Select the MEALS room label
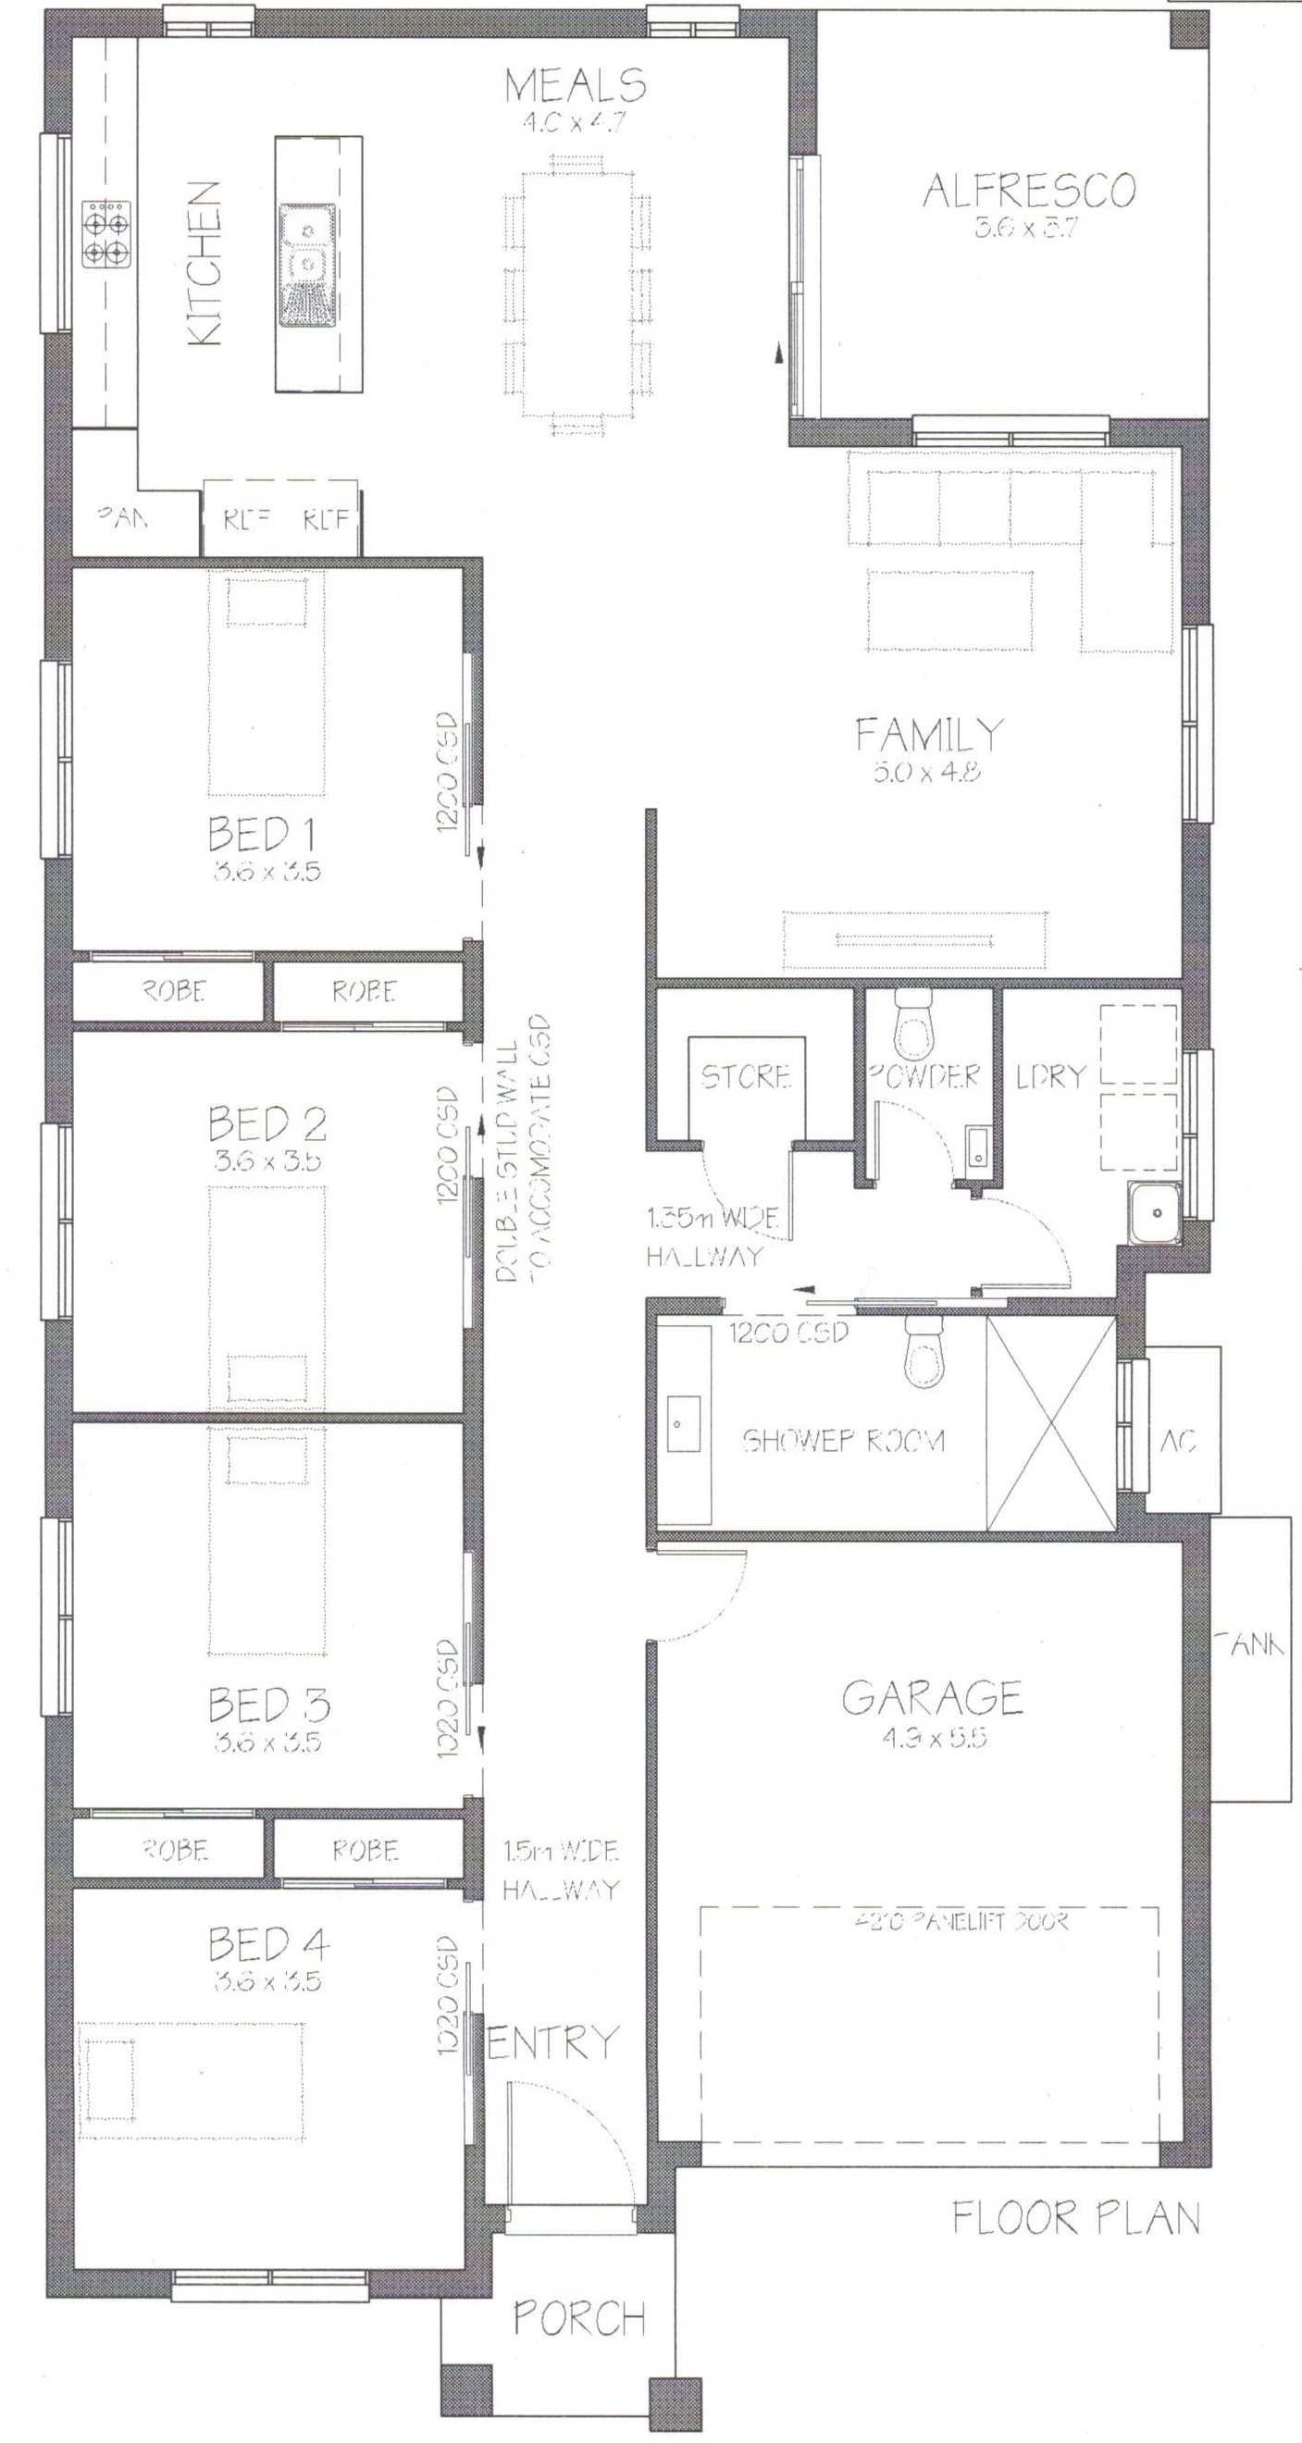click(575, 85)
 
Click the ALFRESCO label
click(1029, 191)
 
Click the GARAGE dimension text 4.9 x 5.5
click(932, 1739)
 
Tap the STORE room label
click(745, 1076)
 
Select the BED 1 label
click(262, 835)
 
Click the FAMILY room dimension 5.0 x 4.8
click(926, 771)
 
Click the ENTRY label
click(552, 2041)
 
